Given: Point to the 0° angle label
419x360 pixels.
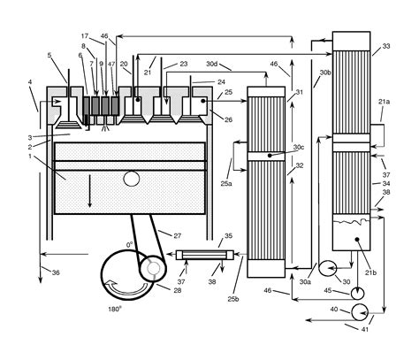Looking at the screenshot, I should point(130,244).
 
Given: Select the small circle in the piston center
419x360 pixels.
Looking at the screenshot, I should point(132,179).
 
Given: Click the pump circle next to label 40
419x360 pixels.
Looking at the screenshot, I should point(361,311).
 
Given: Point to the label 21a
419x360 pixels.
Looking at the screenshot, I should point(385,103).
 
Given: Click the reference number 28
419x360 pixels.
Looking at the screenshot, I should point(179,291).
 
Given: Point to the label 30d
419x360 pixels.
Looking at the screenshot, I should point(212,64).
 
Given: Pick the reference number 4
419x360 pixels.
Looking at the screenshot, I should point(29,84).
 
